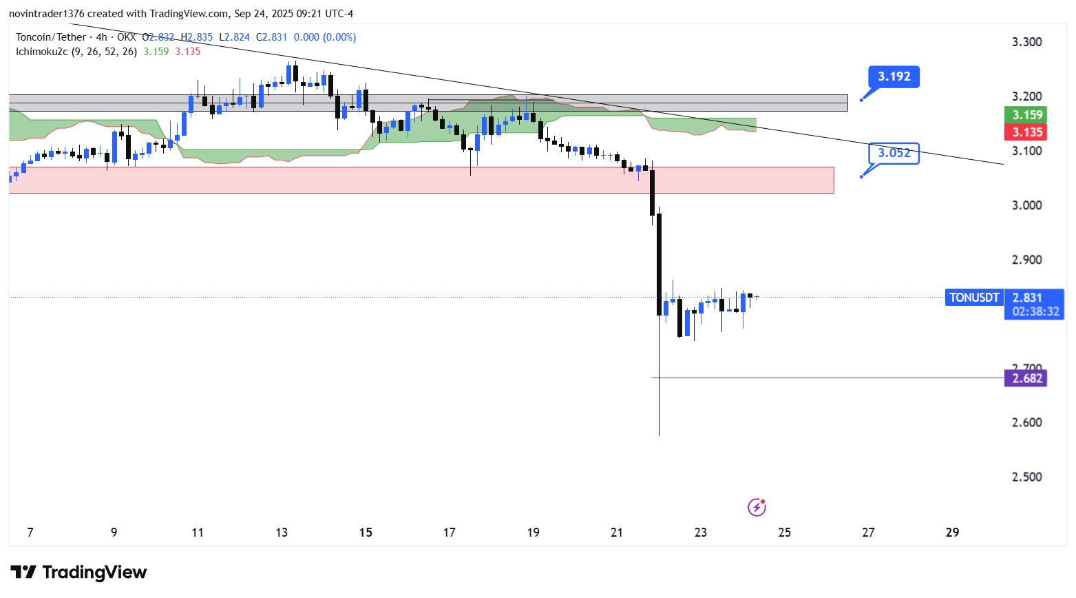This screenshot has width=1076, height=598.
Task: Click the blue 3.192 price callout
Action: pyautogui.click(x=894, y=76)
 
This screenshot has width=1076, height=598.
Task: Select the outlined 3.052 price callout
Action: pyautogui.click(x=894, y=153)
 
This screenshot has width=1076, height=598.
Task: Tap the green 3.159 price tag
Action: pyautogui.click(x=1026, y=115)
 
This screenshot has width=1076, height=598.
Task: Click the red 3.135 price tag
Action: pyautogui.click(x=1026, y=132)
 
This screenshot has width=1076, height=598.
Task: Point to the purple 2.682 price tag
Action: pyautogui.click(x=1026, y=378)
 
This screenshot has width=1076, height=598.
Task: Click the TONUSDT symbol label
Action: pyautogui.click(x=974, y=298)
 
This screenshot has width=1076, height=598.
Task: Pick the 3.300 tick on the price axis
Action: pyautogui.click(x=1026, y=42)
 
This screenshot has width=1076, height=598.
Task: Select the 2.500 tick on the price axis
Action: pyautogui.click(x=1026, y=477)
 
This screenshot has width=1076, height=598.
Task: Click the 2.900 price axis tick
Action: pyautogui.click(x=1026, y=260)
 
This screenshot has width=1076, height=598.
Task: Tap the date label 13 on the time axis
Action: pyautogui.click(x=282, y=533)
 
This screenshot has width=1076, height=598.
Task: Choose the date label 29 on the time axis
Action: pyautogui.click(x=952, y=533)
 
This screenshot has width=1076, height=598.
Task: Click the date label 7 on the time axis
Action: pyautogui.click(x=30, y=533)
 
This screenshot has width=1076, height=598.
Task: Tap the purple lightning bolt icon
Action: pyautogui.click(x=757, y=508)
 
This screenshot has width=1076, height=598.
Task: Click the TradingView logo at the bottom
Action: pyautogui.click(x=78, y=573)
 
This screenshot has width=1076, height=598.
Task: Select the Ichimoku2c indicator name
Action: pyautogui.click(x=42, y=52)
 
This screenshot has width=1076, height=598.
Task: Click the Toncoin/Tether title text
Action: pyautogui.click(x=51, y=37)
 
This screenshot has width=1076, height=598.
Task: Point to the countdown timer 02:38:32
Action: pyautogui.click(x=1035, y=311)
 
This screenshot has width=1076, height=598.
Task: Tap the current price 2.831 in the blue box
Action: pyautogui.click(x=1027, y=298)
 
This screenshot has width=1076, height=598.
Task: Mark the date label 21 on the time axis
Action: pyautogui.click(x=617, y=533)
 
